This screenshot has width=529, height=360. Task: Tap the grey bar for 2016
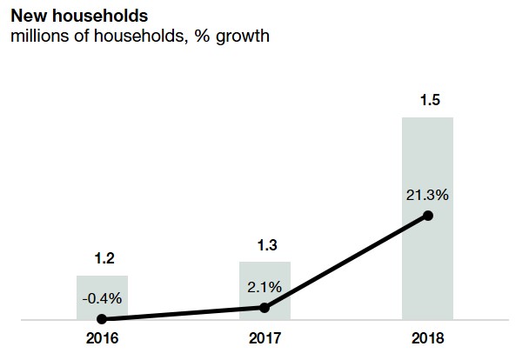[103, 287]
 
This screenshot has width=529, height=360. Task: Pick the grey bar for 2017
[264, 278]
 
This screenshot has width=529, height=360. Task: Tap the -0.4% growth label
[103, 297]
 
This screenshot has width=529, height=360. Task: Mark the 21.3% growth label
[427, 195]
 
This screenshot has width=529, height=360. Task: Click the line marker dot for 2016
[103, 319]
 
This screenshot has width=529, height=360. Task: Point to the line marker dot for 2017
[264, 307]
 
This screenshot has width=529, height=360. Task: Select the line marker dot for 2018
[427, 215]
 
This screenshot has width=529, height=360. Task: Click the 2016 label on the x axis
[103, 338]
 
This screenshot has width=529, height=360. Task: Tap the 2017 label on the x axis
[264, 338]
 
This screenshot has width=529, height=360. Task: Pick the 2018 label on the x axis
[427, 338]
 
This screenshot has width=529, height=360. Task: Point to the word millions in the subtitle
[36, 37]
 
